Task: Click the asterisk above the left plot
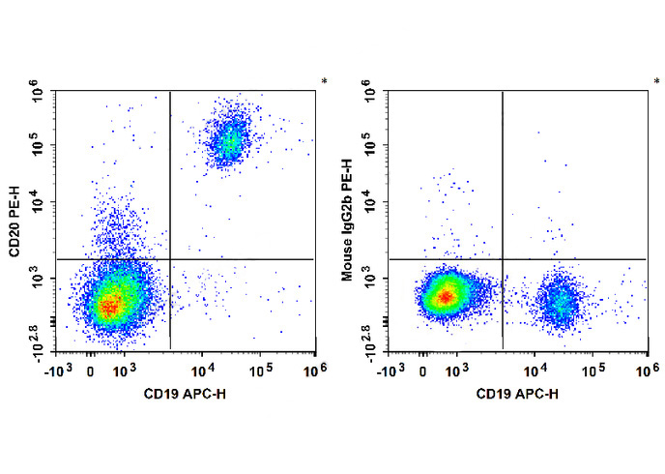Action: click(x=324, y=80)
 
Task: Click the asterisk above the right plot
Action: click(x=656, y=80)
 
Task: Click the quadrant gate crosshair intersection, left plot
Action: click(x=170, y=259)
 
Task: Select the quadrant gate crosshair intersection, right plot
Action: click(x=503, y=259)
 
